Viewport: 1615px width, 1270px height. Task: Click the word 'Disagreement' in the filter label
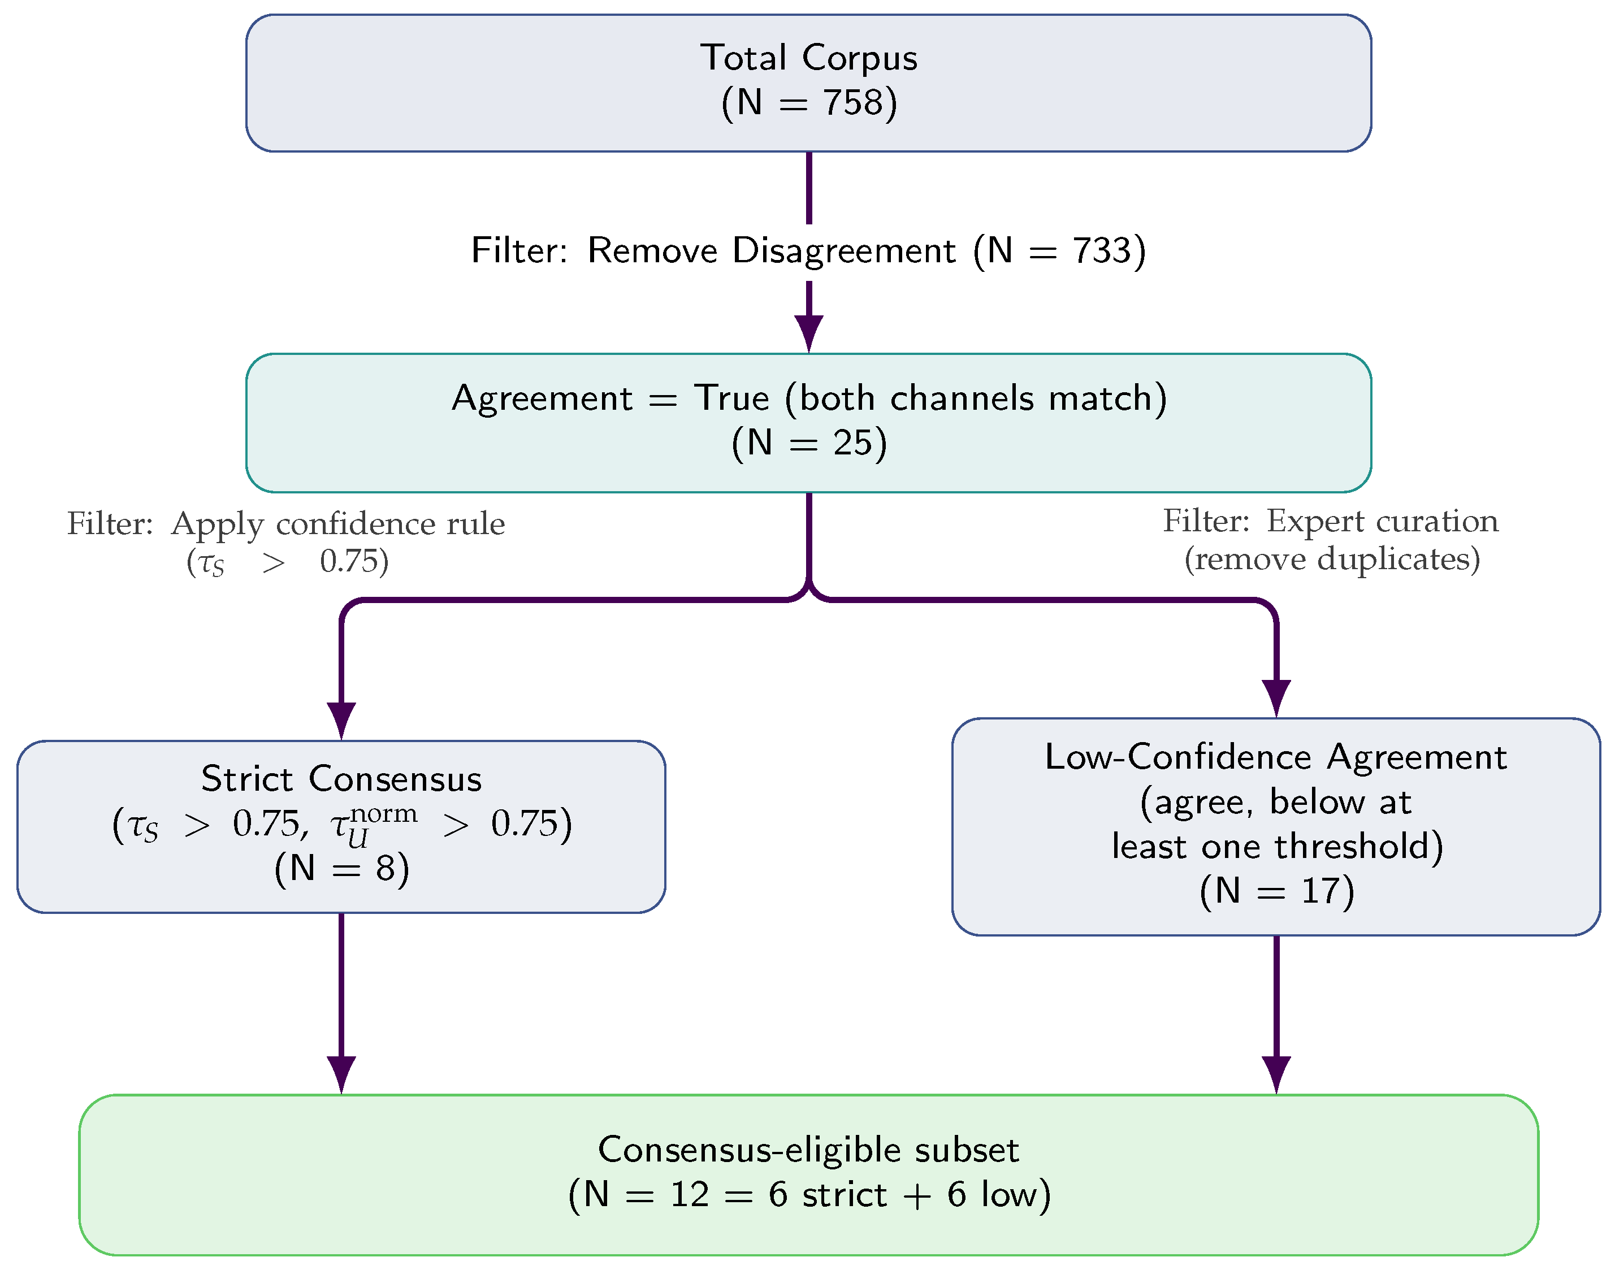point(844,250)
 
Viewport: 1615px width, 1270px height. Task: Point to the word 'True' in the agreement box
point(731,398)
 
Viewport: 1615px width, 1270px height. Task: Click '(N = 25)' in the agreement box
point(809,443)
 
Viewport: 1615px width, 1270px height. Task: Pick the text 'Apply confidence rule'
point(337,524)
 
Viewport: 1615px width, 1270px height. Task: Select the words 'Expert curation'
point(1382,521)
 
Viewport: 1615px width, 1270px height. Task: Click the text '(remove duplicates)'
point(1332,559)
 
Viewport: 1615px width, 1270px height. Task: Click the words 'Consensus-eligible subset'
point(808,1150)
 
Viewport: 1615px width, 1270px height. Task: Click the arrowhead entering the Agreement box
point(809,334)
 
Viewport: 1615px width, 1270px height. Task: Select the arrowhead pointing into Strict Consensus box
point(341,721)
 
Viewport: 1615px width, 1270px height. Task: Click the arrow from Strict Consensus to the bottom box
point(341,1003)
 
